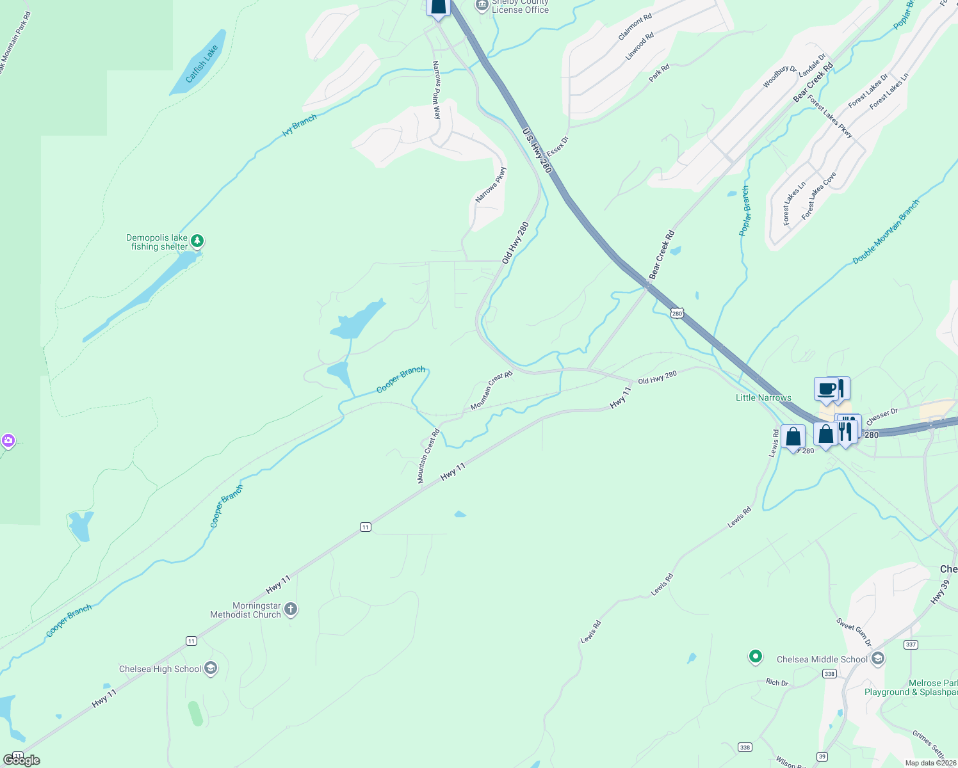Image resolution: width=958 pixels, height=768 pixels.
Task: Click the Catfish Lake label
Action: [202, 63]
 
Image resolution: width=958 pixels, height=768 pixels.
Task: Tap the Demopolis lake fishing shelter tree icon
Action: [197, 241]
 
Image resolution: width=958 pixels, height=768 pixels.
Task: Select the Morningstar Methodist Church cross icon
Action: [291, 609]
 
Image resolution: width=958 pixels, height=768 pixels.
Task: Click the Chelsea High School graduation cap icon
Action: [211, 669]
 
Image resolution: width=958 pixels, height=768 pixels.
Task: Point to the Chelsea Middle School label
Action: [822, 659]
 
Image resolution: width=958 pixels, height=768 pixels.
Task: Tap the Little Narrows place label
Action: [763, 397]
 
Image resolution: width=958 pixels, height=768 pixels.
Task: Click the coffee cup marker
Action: [826, 389]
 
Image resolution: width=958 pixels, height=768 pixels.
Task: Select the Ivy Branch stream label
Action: [300, 125]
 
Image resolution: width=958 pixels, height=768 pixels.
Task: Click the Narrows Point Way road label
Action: [437, 90]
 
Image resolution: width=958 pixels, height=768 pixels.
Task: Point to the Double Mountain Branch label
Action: [886, 232]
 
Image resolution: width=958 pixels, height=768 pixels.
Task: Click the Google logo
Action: [22, 760]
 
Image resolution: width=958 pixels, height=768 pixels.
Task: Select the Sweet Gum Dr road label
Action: [854, 632]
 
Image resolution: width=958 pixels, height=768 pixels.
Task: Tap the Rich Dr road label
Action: [777, 682]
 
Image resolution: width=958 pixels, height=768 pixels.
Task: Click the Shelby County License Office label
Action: [520, 7]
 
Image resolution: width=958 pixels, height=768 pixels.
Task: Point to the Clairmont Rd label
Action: [635, 27]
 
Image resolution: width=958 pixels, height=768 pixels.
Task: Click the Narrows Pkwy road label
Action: [491, 185]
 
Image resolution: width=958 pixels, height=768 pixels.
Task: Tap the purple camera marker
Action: [8, 440]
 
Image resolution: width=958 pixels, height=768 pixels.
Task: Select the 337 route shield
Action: [911, 644]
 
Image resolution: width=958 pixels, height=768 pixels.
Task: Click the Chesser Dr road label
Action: [882, 414]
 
